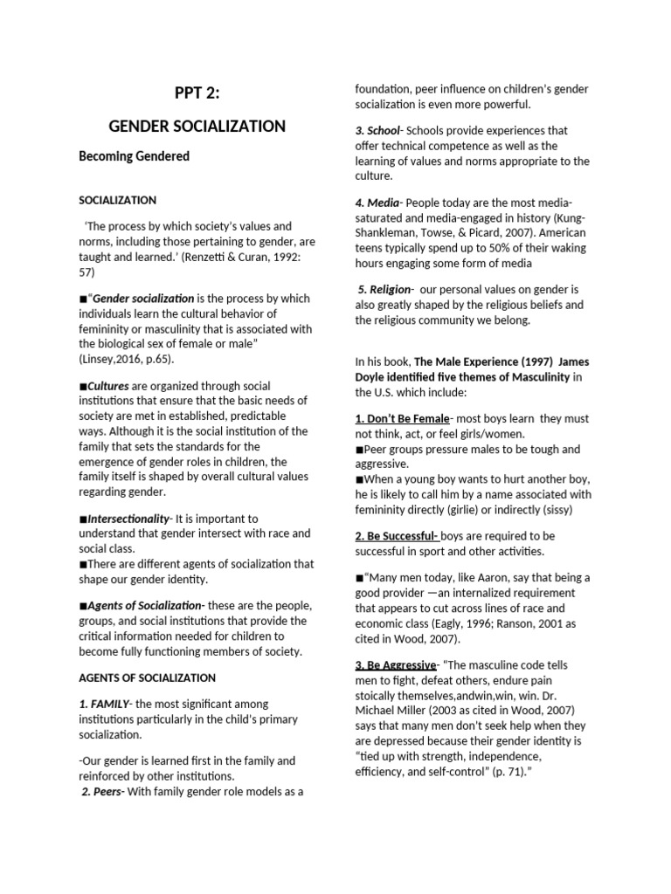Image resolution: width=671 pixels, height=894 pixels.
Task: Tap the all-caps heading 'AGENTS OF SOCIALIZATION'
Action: [147, 677]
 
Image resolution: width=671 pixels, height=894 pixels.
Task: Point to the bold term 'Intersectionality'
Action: [127, 519]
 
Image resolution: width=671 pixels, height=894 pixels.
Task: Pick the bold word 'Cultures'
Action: [107, 385]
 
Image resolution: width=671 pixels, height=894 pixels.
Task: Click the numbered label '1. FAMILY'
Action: [104, 704]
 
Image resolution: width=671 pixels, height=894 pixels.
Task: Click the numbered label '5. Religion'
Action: [386, 289]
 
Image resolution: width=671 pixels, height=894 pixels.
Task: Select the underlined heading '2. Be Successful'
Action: [396, 535]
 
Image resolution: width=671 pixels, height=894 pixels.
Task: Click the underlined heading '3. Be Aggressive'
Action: [395, 665]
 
